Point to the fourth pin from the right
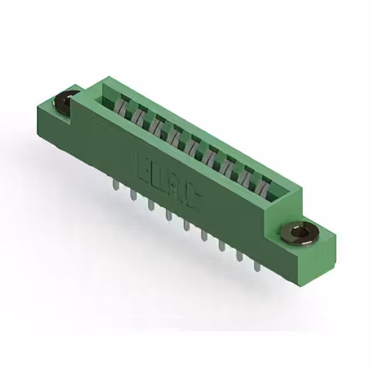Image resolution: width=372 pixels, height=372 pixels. pos(204,236)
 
